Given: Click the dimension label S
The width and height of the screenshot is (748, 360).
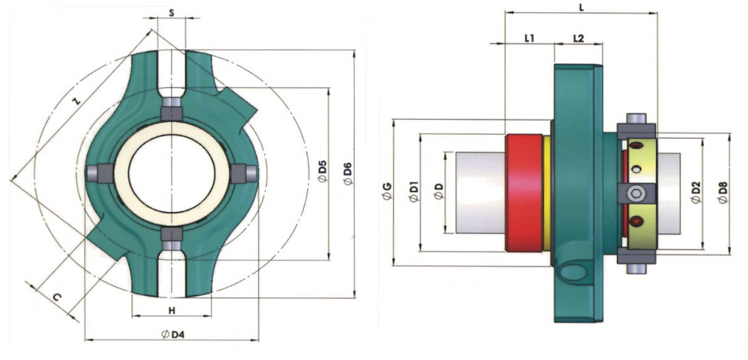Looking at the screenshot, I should [172, 12].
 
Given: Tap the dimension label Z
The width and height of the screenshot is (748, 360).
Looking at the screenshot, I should [76, 100].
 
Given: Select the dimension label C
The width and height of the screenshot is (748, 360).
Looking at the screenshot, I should [57, 298].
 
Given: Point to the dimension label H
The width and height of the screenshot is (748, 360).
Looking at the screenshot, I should [172, 311].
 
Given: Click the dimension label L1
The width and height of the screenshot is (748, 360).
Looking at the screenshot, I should [529, 38].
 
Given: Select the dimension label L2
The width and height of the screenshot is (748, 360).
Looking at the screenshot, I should [578, 38].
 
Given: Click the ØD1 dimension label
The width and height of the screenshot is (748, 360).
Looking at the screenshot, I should [413, 192].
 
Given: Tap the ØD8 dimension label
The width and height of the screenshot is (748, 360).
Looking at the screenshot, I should [723, 192].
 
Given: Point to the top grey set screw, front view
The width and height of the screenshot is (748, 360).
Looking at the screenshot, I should [172, 107].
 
